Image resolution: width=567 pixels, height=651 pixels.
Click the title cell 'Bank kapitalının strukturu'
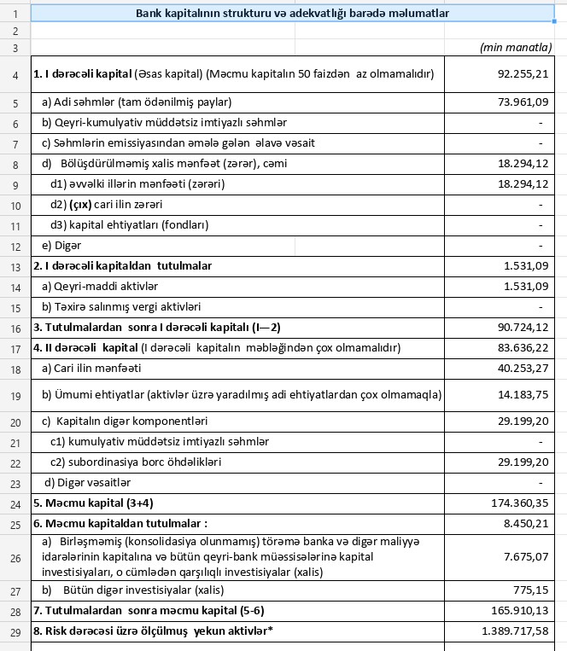coord(293,13)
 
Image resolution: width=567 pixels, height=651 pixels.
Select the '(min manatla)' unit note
coord(516,49)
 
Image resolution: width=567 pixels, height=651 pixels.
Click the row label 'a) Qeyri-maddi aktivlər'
coord(100,286)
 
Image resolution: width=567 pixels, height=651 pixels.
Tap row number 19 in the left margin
coord(15,394)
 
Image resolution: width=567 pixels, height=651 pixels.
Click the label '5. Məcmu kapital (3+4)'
coord(88,503)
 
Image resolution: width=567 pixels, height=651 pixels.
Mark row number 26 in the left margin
coord(15,556)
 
